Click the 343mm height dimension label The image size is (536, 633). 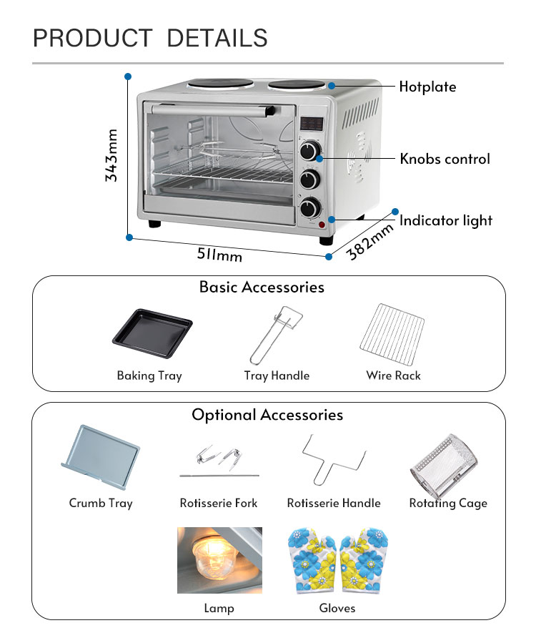coord(111,155)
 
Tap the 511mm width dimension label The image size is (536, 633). coord(219,253)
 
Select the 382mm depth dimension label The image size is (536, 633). coord(370,241)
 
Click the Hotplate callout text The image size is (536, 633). coord(427,87)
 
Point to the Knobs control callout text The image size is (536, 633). coord(445,159)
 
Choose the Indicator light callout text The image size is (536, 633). coord(446,220)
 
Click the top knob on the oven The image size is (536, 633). coord(310,150)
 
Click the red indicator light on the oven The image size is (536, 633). coord(322,226)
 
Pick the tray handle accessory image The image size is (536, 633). coord(276,334)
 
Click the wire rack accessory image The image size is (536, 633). coord(392,334)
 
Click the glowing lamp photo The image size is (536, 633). coord(219,560)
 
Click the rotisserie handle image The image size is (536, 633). coord(333,461)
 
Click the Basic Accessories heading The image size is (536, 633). coord(262,288)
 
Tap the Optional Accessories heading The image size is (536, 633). coord(267,415)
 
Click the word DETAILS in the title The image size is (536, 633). coord(217,38)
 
